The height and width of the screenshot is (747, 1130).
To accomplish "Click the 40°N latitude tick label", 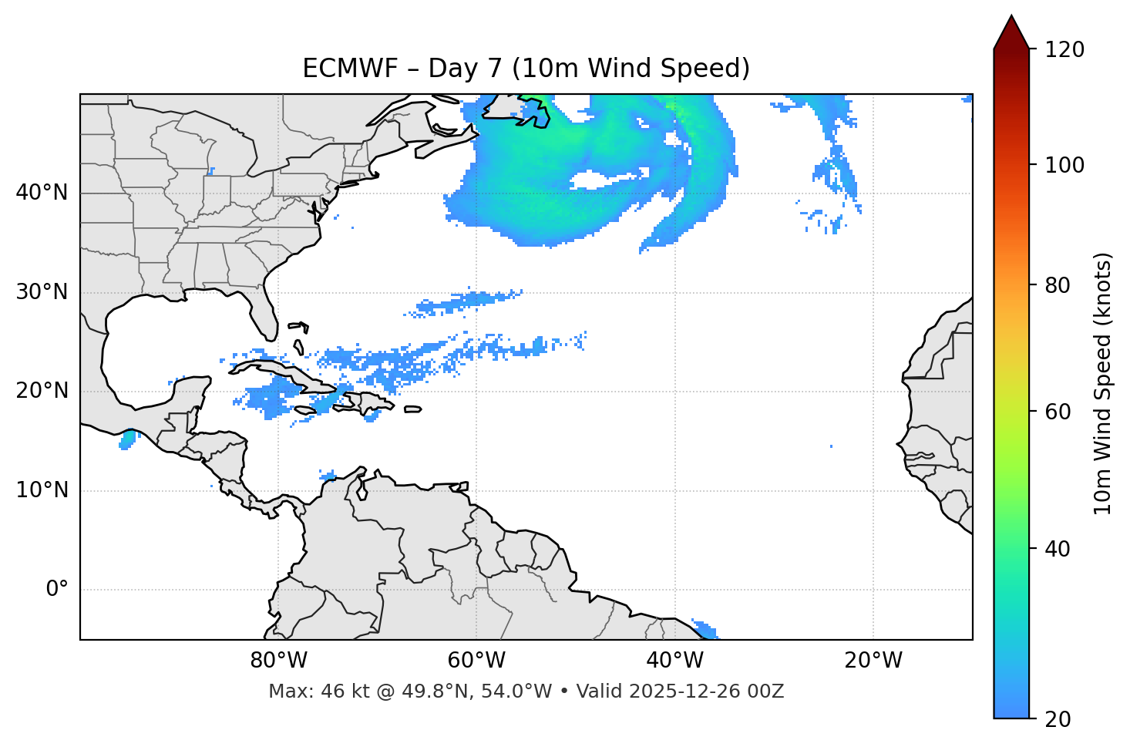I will point(42,193).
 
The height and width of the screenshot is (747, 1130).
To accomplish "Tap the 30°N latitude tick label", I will point(42,292).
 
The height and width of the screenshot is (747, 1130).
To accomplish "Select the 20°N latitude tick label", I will point(42,391).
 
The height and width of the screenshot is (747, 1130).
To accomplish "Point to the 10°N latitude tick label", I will point(42,490).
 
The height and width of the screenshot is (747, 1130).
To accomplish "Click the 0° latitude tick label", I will point(57,590).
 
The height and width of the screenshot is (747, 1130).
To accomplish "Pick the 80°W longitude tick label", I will point(278,661).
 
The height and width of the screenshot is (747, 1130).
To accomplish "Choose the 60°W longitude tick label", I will point(476,661).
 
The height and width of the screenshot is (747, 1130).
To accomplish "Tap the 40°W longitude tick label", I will point(674,661).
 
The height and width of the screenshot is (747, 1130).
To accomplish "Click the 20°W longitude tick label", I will point(873,661).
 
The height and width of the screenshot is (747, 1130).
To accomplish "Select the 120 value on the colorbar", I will point(1064,50).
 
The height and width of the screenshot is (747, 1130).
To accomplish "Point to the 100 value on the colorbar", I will point(1064,165).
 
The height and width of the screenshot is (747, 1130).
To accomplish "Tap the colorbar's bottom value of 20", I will point(1058,719).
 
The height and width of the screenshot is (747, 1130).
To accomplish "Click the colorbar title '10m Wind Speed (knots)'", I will point(1103,383).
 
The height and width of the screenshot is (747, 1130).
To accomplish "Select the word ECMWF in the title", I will point(340,69).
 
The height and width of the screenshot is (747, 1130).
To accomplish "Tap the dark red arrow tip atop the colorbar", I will point(1011,31).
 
